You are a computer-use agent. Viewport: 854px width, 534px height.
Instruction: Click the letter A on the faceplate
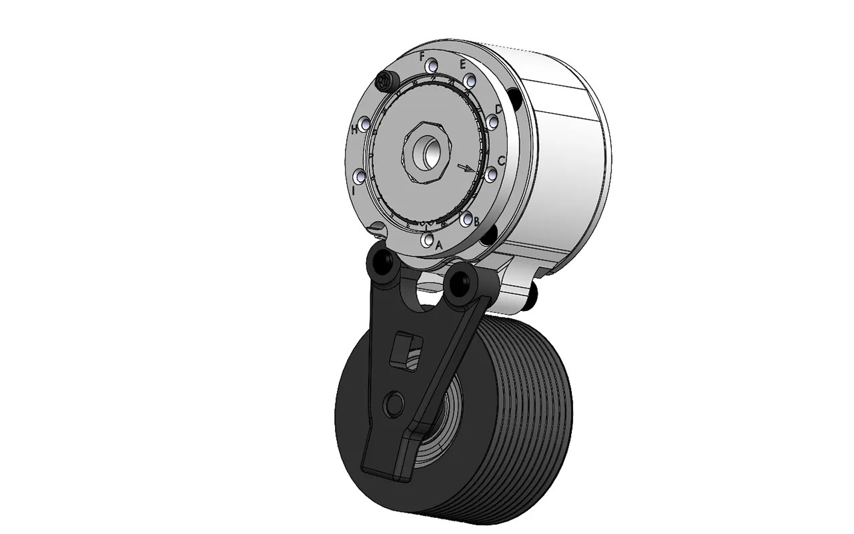point(438,246)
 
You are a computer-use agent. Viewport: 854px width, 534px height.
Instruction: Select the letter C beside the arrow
point(501,160)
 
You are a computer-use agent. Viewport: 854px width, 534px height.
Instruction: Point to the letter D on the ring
point(498,109)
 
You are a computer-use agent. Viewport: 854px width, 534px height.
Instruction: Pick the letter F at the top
point(422,57)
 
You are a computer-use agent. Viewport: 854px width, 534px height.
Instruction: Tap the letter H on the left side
point(354,131)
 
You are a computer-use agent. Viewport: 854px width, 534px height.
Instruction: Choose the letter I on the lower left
point(354,190)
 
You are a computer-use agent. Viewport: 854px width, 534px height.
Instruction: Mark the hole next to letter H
point(364,125)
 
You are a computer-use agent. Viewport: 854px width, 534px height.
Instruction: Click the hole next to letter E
point(470,81)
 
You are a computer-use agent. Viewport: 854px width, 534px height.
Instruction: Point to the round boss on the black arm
point(394,403)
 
